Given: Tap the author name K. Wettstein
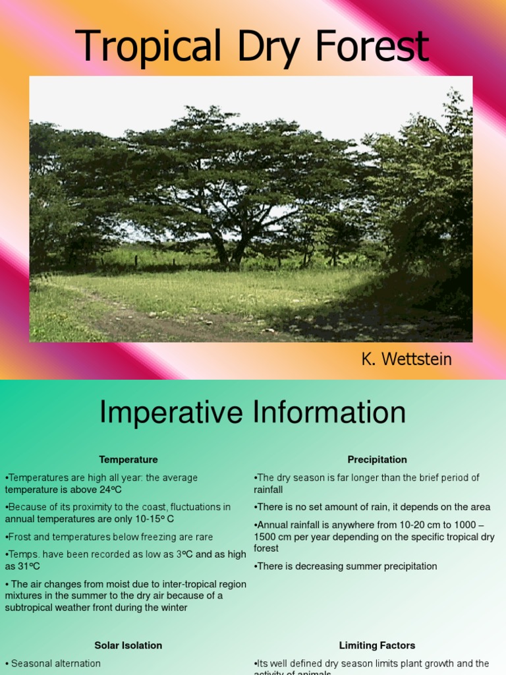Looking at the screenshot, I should pos(406,360).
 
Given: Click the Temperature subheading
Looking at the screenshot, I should pos(128,459).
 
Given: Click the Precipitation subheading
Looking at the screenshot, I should pos(377,459).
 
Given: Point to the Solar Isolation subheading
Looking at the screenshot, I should pos(128,645).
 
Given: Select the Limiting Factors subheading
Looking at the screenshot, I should pos(377,645).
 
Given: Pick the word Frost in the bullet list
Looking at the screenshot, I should pos(20,537).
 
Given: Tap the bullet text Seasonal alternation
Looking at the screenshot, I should pos(56,663).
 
